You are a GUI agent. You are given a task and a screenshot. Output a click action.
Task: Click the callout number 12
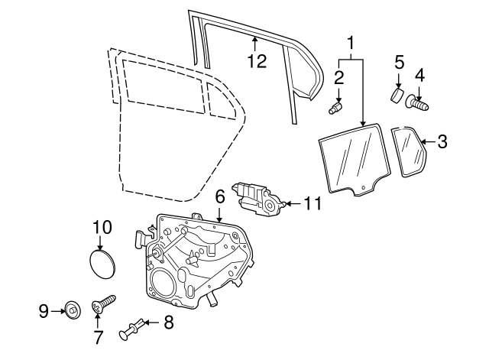click(257, 61)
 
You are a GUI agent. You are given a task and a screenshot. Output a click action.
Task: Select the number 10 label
click(102, 227)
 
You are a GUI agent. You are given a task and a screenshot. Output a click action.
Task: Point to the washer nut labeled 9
click(73, 310)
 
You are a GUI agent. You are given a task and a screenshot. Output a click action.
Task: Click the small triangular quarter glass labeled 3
click(410, 152)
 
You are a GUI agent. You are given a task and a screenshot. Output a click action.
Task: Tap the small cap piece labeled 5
click(397, 96)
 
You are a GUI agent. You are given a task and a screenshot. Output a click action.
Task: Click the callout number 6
click(219, 196)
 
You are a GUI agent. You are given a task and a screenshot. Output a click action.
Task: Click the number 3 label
click(443, 141)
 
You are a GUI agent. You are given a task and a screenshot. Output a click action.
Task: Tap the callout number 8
click(168, 323)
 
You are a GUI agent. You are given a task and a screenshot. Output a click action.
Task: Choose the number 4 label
click(419, 74)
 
